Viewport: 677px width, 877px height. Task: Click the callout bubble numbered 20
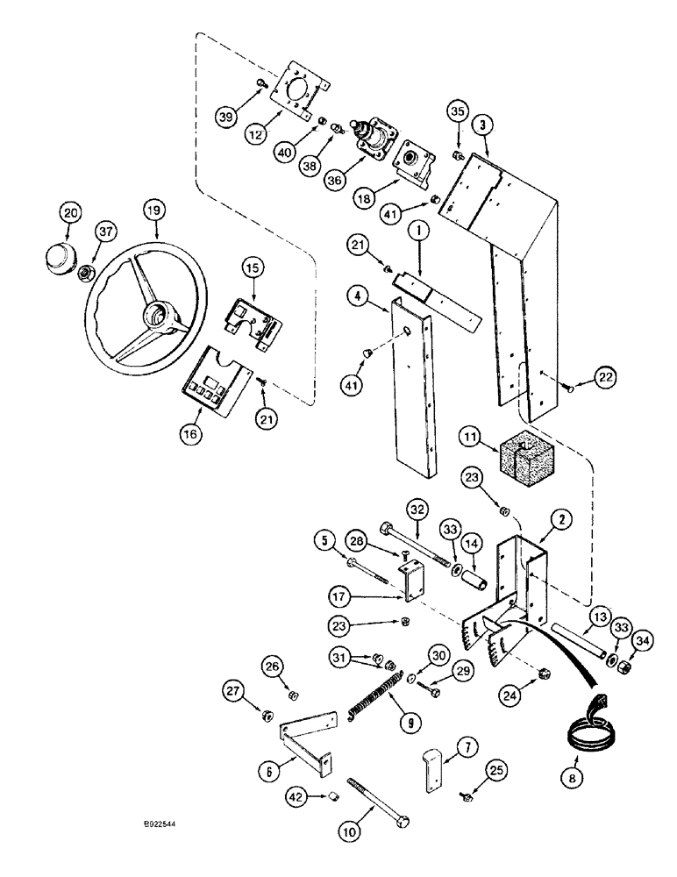[70, 213]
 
